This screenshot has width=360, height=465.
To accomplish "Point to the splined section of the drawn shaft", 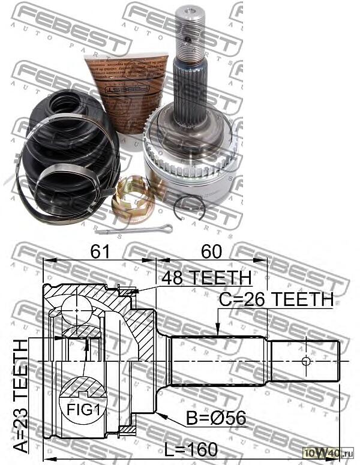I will click(219, 360).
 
